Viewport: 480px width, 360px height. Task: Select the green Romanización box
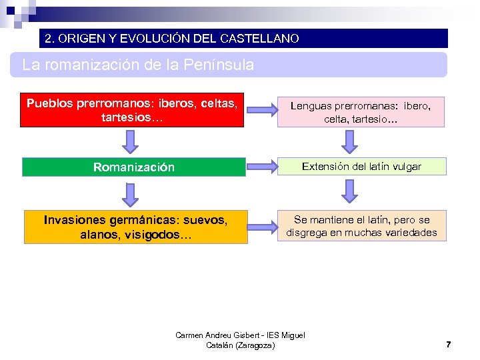(133, 167)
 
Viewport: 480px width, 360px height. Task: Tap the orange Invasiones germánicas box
(135, 227)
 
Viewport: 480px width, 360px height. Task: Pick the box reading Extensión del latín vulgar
(361, 167)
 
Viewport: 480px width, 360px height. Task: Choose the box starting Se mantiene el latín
(361, 226)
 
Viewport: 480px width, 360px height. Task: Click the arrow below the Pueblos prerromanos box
(131, 142)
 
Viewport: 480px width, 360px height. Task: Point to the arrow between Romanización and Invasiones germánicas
(131, 194)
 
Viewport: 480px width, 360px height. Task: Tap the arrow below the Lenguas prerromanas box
(349, 142)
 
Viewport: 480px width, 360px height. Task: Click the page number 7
(448, 345)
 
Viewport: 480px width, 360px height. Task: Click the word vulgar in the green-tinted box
(406, 167)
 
